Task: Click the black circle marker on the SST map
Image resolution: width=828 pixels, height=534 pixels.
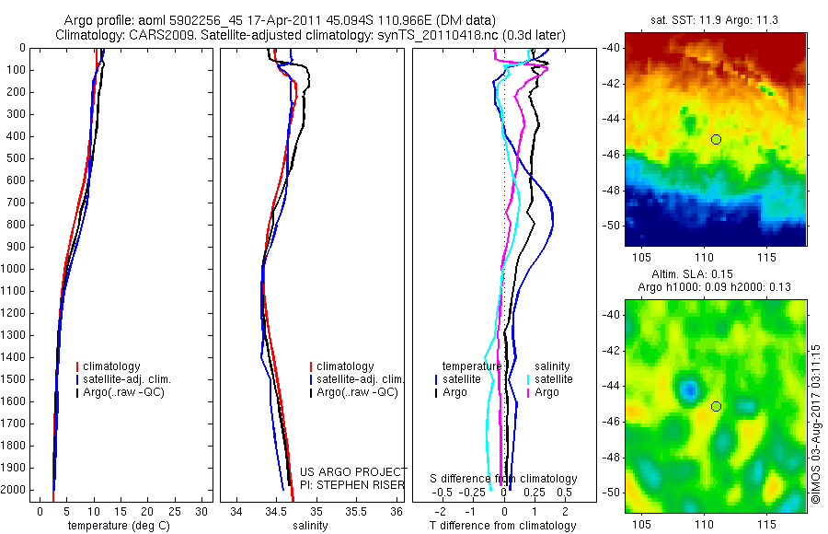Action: tap(716, 139)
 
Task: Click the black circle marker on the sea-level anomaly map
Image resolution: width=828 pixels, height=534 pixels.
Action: tap(716, 406)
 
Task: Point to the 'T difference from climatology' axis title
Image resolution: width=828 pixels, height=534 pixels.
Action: tap(502, 526)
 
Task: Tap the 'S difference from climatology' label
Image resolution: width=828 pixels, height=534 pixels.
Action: tap(504, 479)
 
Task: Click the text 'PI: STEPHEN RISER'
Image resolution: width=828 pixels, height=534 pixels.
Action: tap(352, 485)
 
